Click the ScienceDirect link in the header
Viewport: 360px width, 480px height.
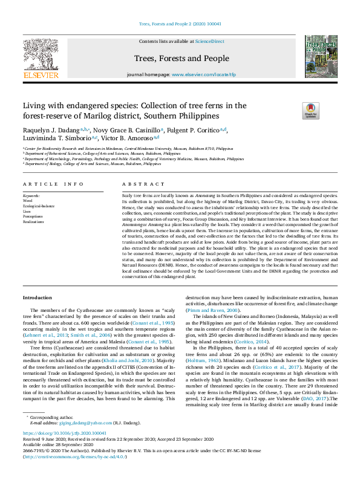pos(209,42)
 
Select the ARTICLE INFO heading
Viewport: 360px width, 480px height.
pos(53,184)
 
